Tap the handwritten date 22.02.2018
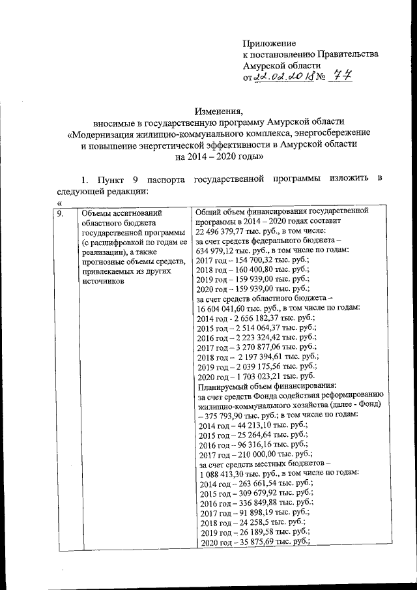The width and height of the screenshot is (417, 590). [x=284, y=78]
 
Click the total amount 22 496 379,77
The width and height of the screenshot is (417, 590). [x=224, y=233]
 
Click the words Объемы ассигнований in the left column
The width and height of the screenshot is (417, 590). [x=119, y=213]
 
